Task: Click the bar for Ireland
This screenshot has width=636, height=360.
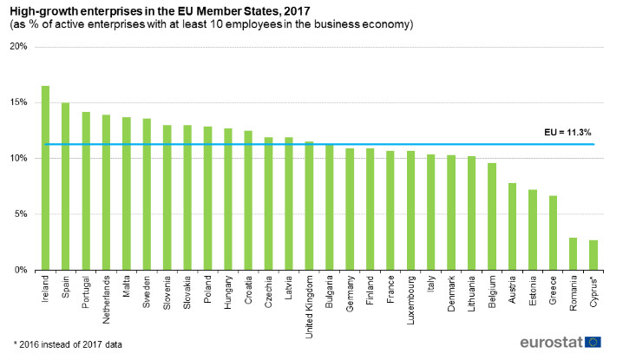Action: [x=45, y=178]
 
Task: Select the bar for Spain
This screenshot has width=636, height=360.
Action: [x=65, y=187]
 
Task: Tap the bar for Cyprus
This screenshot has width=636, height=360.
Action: [x=593, y=255]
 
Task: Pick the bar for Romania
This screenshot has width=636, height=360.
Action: [x=573, y=253]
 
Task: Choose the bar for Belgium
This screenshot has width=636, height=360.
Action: [x=492, y=216]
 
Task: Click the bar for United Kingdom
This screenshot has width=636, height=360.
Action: [x=309, y=206]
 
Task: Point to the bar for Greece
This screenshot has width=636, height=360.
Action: [x=553, y=232]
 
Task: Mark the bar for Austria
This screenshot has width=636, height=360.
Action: [x=512, y=226]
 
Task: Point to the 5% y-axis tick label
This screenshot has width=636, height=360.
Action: [x=20, y=214]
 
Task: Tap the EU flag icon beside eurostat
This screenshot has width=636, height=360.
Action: [x=593, y=342]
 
